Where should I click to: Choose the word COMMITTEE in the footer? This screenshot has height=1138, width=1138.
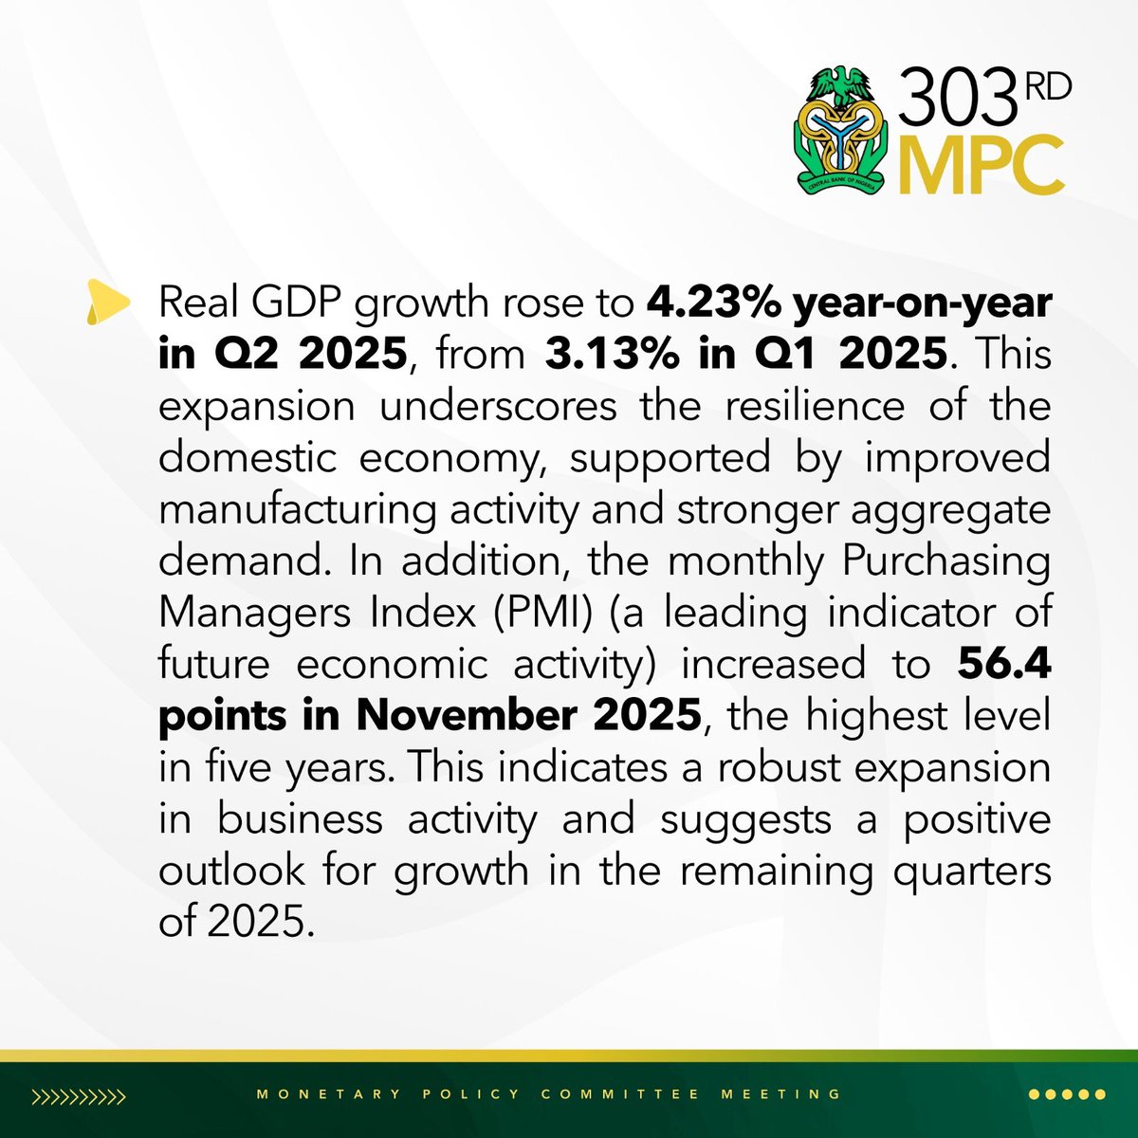[620, 1093]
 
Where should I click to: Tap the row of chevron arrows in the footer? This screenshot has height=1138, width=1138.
[79, 1096]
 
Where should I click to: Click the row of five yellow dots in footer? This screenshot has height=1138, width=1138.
[1066, 1094]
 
